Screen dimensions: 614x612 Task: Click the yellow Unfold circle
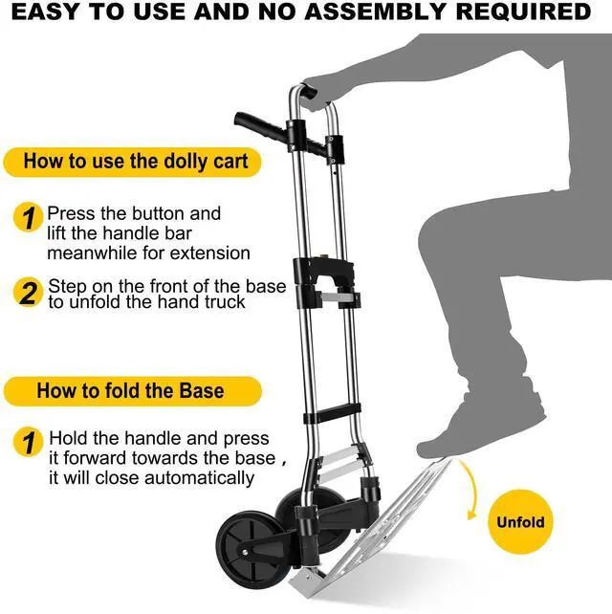click(x=521, y=523)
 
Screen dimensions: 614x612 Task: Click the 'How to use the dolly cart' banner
click(x=135, y=161)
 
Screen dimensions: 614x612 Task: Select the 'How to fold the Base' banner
click(x=131, y=390)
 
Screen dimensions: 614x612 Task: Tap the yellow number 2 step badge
click(x=30, y=293)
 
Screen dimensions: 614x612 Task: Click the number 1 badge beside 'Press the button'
click(x=30, y=217)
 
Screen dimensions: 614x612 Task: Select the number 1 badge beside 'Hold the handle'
click(x=30, y=443)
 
